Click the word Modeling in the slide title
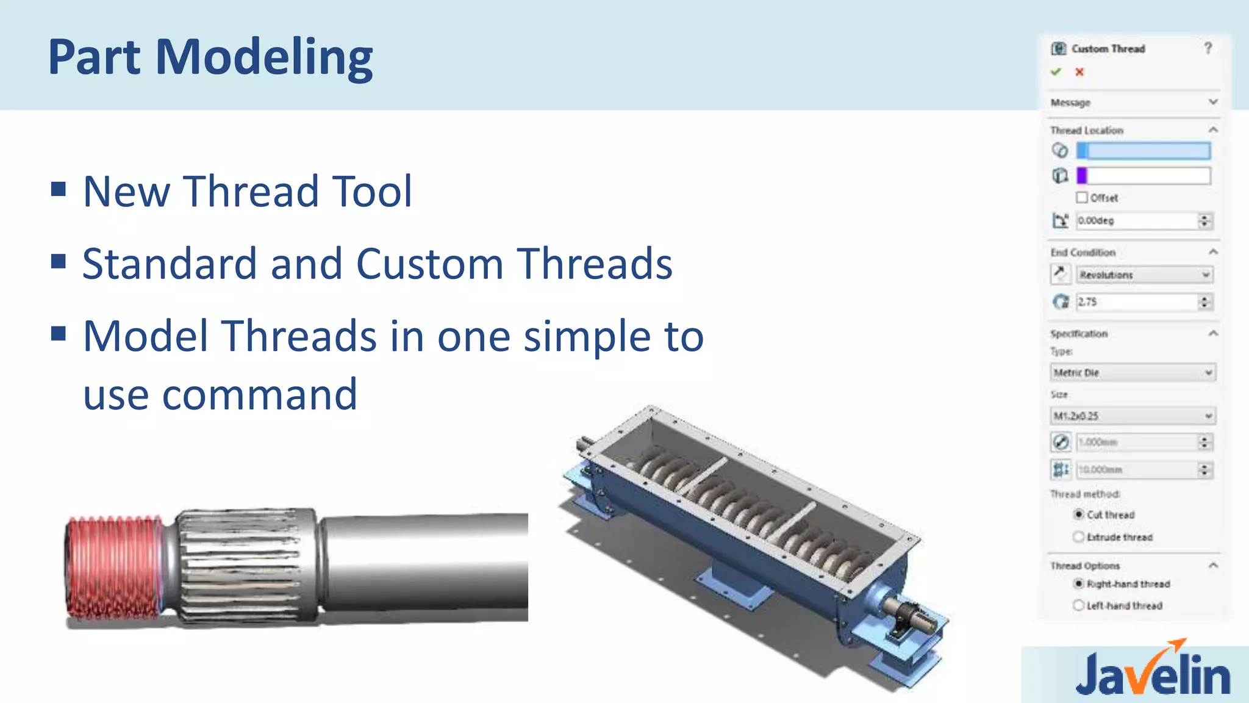click(x=263, y=57)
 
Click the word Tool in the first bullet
click(x=372, y=192)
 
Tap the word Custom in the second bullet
click(x=429, y=264)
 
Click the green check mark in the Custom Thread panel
click(x=1056, y=72)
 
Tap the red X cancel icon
click(x=1079, y=72)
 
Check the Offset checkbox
click(x=1082, y=198)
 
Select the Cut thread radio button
click(x=1079, y=514)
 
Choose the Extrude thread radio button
click(x=1079, y=537)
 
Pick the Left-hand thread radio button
click(x=1079, y=605)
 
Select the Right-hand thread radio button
click(x=1079, y=584)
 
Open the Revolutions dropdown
click(x=1143, y=275)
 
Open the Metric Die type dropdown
click(x=1133, y=373)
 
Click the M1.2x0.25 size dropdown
click(x=1133, y=416)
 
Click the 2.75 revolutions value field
click(x=1136, y=302)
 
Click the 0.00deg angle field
click(x=1136, y=221)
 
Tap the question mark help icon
click(x=1208, y=48)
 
